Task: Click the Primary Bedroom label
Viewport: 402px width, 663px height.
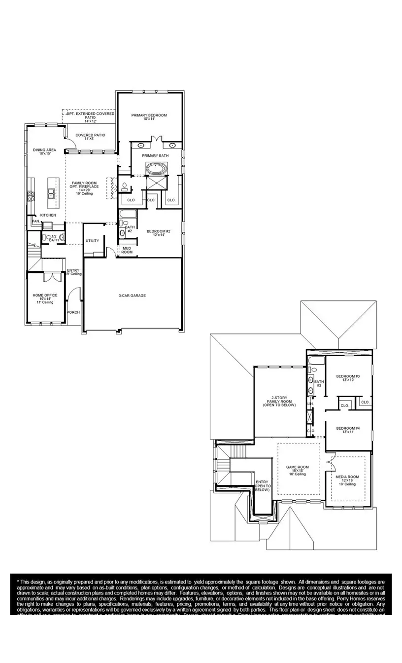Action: coord(149,117)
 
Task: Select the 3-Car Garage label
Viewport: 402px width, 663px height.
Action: coord(132,295)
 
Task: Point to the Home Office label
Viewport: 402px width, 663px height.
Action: coord(45,297)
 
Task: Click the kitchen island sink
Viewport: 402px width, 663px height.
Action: coord(51,191)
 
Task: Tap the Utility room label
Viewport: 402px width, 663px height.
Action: coord(92,241)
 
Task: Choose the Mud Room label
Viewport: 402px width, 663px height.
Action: coord(127,250)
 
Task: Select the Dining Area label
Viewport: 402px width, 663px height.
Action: coord(44,151)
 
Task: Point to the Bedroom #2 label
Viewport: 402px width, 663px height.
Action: coord(159,233)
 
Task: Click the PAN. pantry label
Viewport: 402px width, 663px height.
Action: coord(35,221)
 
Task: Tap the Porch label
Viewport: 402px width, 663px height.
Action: coord(73,312)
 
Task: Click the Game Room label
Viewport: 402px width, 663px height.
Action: coord(298,469)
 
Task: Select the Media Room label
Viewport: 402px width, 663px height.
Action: coord(347,480)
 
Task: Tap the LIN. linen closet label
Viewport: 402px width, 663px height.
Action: coord(310,404)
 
